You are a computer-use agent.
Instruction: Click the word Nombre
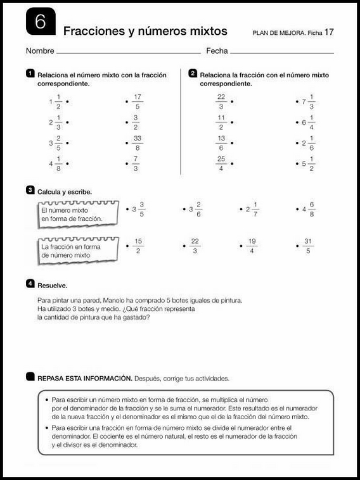pyautogui.click(x=40, y=51)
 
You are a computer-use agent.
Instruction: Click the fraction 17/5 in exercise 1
pyautogui.click(x=137, y=101)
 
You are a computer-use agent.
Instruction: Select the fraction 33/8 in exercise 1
pyautogui.click(x=137, y=143)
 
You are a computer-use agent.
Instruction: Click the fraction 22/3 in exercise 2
pyautogui.click(x=221, y=101)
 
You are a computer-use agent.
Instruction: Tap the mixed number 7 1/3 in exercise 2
pyautogui.click(x=308, y=101)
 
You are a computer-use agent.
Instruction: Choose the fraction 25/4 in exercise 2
pyautogui.click(x=221, y=163)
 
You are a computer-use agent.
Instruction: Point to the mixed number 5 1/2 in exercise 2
pyautogui.click(x=308, y=163)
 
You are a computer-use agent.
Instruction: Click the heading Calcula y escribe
pyautogui.click(x=65, y=191)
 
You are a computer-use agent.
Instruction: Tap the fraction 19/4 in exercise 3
pyautogui.click(x=252, y=246)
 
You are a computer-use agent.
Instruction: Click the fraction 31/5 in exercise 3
pyautogui.click(x=308, y=246)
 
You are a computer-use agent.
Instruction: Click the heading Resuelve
pyautogui.click(x=53, y=285)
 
